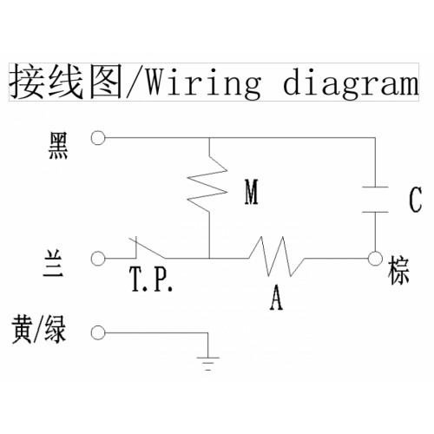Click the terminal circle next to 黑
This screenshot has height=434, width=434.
tap(98, 138)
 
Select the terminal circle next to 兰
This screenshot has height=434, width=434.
tap(98, 258)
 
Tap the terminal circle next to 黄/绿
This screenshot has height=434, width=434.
tap(98, 332)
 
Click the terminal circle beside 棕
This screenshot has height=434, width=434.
tap(375, 258)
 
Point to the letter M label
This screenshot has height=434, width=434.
tap(251, 192)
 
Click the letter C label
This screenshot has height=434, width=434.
tap(416, 200)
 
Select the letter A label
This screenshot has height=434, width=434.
tap(276, 298)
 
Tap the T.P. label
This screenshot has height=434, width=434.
tap(151, 279)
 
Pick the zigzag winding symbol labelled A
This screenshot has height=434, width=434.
tap(276, 256)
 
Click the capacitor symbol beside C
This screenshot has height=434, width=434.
tap(375, 200)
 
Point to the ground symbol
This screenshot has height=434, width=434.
tap(207, 364)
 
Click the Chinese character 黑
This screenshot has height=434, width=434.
tap(58, 146)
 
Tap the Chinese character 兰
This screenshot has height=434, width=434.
tap(53, 264)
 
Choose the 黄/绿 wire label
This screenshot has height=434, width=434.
tap(39, 330)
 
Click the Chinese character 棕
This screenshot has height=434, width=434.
tap(398, 271)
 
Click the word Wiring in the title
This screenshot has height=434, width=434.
tap(203, 83)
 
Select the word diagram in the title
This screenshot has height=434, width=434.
tap(351, 83)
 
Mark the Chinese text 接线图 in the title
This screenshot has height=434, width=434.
tap(66, 82)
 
